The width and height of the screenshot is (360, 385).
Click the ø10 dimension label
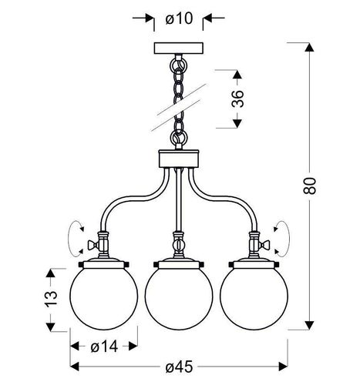coord(179,18)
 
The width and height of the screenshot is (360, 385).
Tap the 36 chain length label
coord(237,99)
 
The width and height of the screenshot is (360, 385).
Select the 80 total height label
coord(309,186)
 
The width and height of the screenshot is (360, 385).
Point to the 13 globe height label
coord(51,299)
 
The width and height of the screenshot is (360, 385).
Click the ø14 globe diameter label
coord(104,347)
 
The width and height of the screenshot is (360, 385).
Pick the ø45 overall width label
coord(179,367)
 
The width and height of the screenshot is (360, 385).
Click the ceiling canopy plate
coord(179,49)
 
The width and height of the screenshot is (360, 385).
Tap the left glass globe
coord(104,296)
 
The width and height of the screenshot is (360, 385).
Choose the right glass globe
coord(254,296)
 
